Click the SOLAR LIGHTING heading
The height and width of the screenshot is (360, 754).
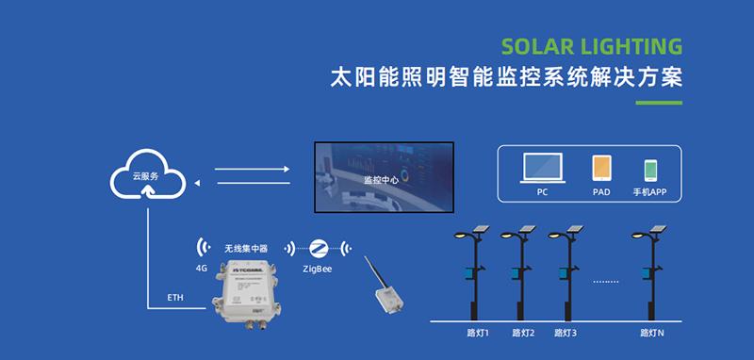[592, 47]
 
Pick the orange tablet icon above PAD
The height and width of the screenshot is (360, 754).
[600, 169]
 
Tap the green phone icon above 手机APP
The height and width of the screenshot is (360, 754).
[650, 170]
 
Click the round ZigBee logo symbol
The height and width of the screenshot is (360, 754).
[318, 248]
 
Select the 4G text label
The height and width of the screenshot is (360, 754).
[201, 268]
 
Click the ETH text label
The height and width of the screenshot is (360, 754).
[175, 298]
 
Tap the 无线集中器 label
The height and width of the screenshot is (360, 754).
[246, 248]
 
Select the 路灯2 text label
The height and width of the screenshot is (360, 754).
[523, 333]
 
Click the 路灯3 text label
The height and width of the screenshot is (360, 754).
[565, 333]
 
